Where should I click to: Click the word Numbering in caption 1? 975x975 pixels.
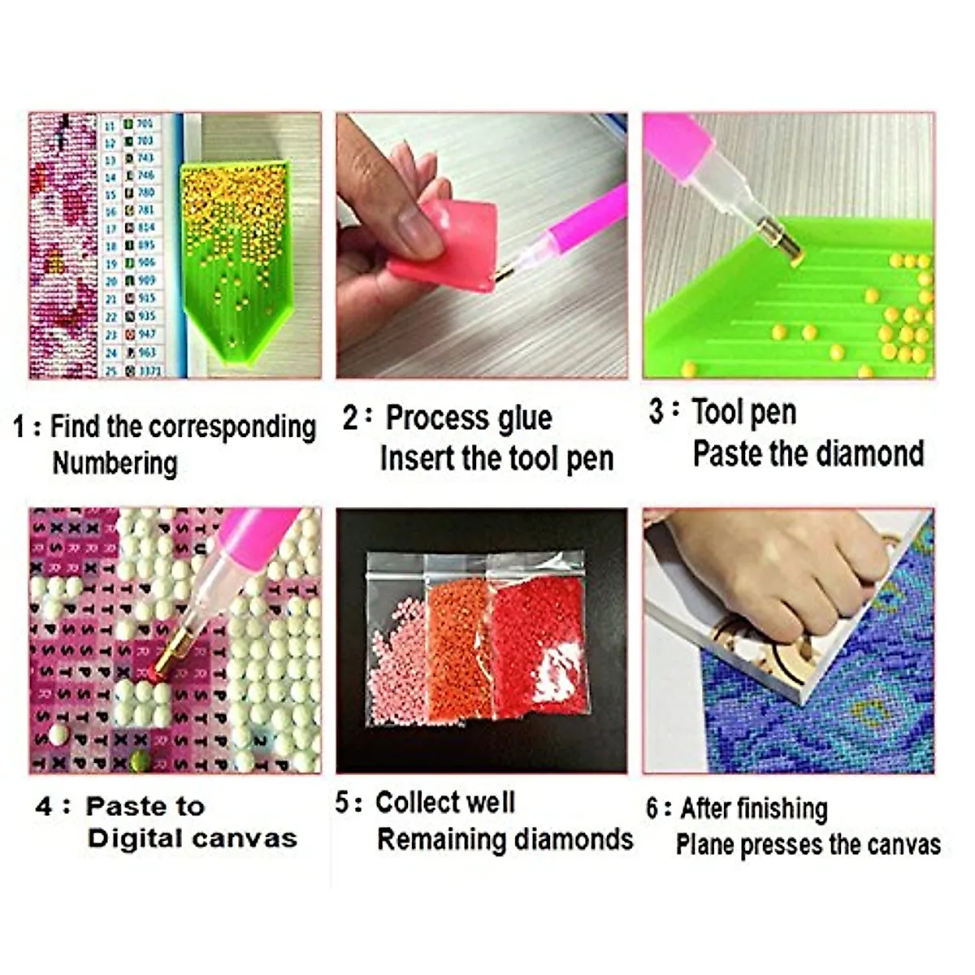[x=115, y=463]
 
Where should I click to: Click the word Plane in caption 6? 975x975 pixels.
[x=704, y=845]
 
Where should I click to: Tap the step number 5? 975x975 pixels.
[x=342, y=803]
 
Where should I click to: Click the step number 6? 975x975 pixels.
[x=653, y=808]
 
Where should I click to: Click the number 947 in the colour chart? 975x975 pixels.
[x=146, y=334]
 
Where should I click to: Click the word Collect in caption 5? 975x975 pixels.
[x=415, y=803]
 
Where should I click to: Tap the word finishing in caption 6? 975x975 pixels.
[x=787, y=808]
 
